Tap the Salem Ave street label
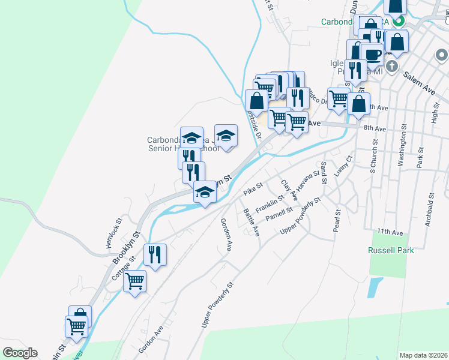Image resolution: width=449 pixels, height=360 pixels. [x=419, y=82]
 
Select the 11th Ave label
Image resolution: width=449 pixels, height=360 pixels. [x=390, y=232]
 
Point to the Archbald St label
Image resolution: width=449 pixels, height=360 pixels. [x=430, y=211]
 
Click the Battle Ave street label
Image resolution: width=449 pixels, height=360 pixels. [x=252, y=221]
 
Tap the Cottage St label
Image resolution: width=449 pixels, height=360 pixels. [x=123, y=268]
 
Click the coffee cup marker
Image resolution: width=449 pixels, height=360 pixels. [x=372, y=55]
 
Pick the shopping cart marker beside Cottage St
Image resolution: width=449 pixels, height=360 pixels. [x=135, y=281]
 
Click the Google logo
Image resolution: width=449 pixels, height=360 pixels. [x=20, y=353]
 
